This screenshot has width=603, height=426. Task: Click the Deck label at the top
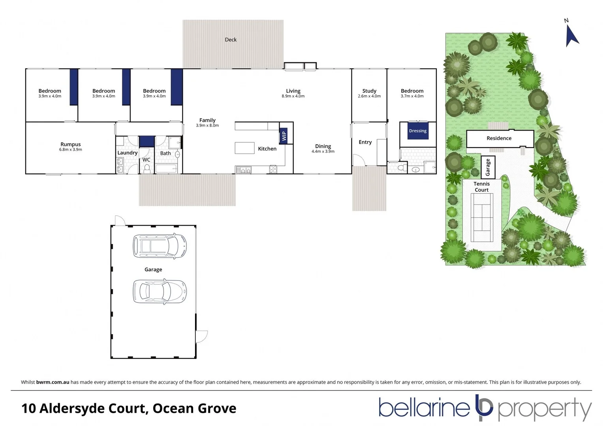click(x=231, y=39)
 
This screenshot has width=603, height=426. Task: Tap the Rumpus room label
click(x=71, y=144)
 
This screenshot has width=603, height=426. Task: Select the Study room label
click(x=369, y=91)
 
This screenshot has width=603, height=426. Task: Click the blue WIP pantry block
click(x=284, y=136)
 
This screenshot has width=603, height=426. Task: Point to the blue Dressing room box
click(x=418, y=131)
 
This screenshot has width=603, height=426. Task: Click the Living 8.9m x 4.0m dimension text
click(x=293, y=96)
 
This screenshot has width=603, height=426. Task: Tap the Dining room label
click(x=323, y=146)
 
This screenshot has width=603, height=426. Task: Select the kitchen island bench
click(x=245, y=148)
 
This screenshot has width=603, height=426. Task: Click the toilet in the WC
click(x=147, y=168)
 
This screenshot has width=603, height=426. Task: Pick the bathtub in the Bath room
click(x=166, y=169)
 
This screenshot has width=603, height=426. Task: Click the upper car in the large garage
click(x=160, y=246)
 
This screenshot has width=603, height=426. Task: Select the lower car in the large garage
click(x=160, y=291)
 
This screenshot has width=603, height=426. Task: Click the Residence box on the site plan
click(x=500, y=138)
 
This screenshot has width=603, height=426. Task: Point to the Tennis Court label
click(x=481, y=187)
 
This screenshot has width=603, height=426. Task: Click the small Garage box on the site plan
click(x=488, y=167)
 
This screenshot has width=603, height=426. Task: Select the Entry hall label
click(x=365, y=142)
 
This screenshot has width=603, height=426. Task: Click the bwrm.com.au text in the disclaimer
click(x=53, y=382)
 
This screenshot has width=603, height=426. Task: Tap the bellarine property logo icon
click(x=484, y=407)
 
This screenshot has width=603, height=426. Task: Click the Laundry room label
click(x=127, y=153)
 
